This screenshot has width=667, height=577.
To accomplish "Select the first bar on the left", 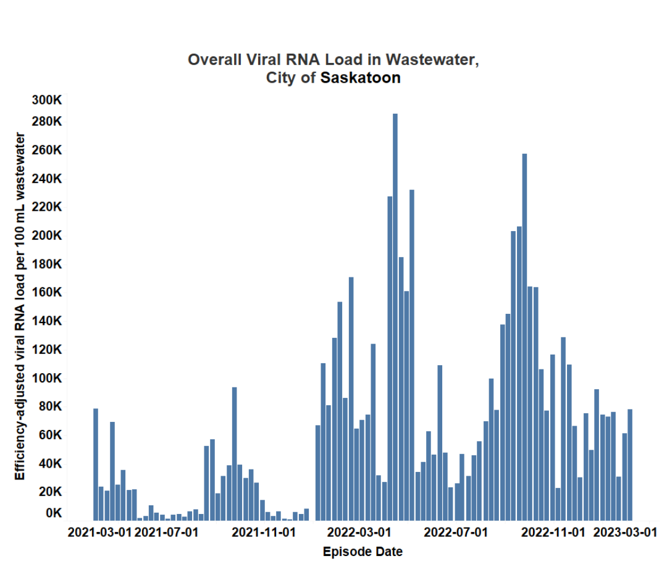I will [x=96, y=464].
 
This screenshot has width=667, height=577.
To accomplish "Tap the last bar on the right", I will [x=630, y=464].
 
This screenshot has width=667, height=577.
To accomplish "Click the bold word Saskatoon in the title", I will [x=360, y=78].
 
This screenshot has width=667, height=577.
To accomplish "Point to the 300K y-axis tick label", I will [x=47, y=100].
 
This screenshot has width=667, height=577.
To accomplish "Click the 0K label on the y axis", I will [x=52, y=513].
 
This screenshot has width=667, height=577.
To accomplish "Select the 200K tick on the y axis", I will [x=47, y=235].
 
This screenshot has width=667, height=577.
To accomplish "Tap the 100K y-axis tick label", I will [x=47, y=377].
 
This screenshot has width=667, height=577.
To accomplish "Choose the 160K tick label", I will [x=47, y=292].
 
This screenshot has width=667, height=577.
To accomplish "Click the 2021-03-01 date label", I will [x=99, y=531].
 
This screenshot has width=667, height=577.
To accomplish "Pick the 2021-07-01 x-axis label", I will [x=166, y=531].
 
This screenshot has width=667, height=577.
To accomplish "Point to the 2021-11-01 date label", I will [x=263, y=531].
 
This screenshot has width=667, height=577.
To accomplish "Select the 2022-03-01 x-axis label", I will [x=359, y=531].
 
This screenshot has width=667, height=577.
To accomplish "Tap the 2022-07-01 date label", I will [x=456, y=531].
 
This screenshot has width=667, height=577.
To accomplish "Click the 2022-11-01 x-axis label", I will [x=553, y=531].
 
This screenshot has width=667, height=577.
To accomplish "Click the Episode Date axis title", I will [x=363, y=552].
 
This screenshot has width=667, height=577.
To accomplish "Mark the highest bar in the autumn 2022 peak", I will [x=524, y=337].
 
